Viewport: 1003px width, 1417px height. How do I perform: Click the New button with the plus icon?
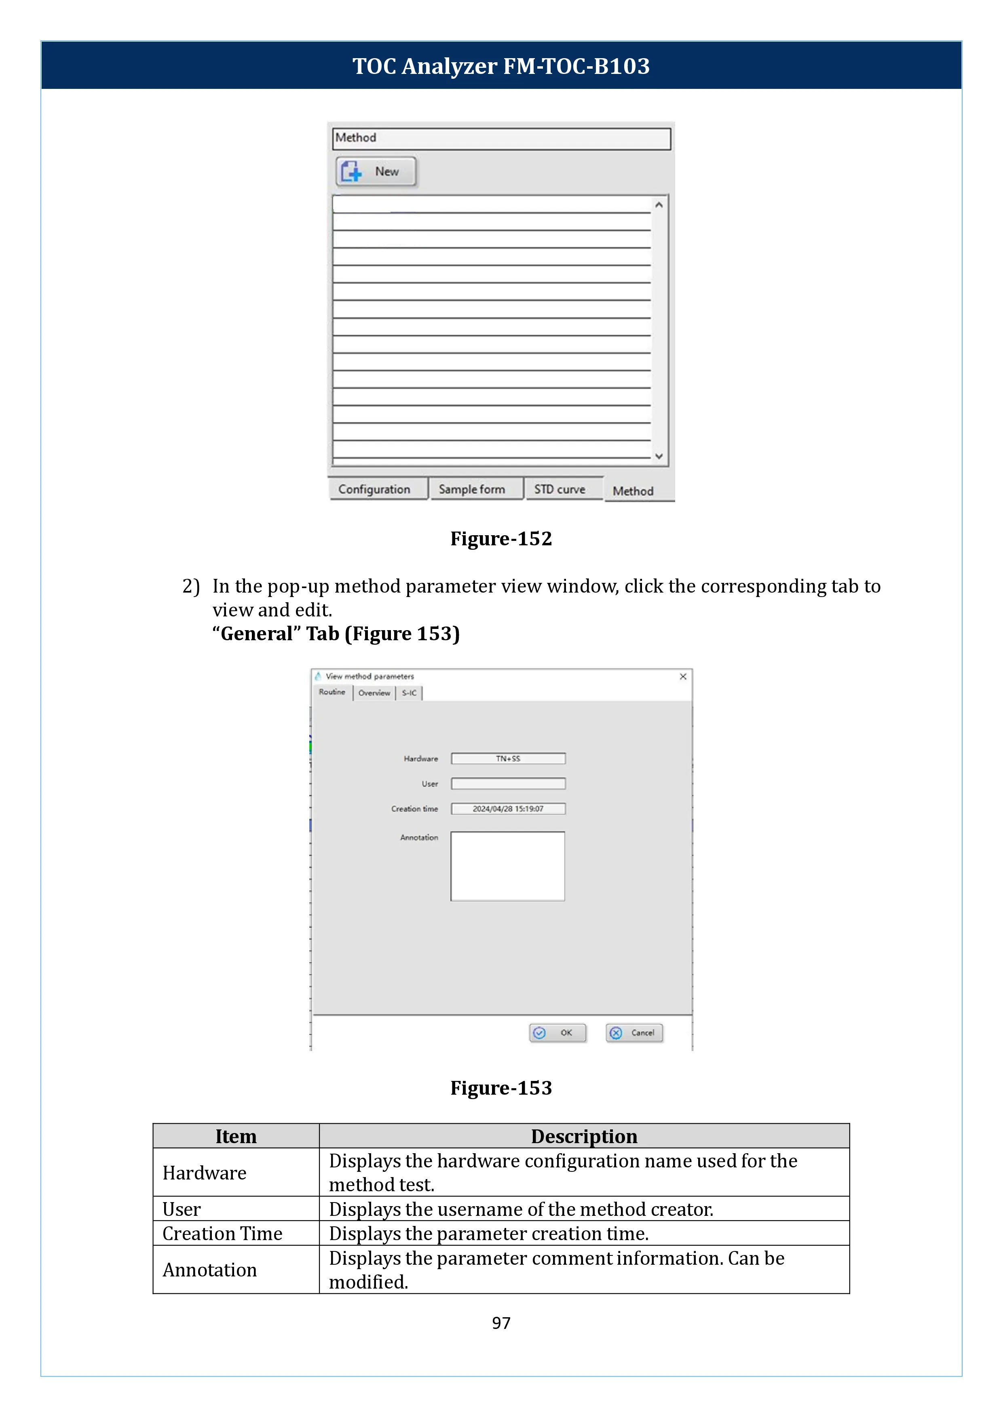pyautogui.click(x=376, y=172)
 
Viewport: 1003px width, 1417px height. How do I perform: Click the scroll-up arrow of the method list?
pyautogui.click(x=659, y=205)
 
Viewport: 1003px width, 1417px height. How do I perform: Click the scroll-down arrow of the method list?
pyautogui.click(x=659, y=456)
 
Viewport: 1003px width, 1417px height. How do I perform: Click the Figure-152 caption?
pyautogui.click(x=501, y=539)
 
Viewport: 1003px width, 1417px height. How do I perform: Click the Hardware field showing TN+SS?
pyautogui.click(x=508, y=759)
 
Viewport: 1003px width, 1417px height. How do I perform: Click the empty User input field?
pyautogui.click(x=508, y=784)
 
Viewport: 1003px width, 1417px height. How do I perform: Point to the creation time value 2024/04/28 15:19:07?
pyautogui.click(x=508, y=809)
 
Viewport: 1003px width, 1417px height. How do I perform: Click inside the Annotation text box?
pyautogui.click(x=508, y=866)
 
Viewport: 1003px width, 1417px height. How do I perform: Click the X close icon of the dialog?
pyautogui.click(x=683, y=677)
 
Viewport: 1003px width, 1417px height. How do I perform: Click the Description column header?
pyautogui.click(x=584, y=1136)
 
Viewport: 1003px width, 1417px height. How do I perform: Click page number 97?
pyautogui.click(x=501, y=1322)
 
